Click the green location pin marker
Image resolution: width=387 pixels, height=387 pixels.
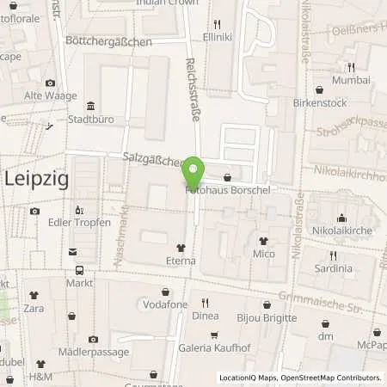click(194, 173)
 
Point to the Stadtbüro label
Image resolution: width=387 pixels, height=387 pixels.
click(90, 120)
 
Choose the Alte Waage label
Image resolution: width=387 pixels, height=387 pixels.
click(46, 96)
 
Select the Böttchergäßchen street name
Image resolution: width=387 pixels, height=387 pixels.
click(109, 41)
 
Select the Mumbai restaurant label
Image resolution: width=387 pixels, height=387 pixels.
click(350, 81)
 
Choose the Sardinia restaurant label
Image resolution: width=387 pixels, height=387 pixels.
click(333, 268)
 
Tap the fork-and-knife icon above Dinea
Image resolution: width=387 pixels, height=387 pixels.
click(205, 303)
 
